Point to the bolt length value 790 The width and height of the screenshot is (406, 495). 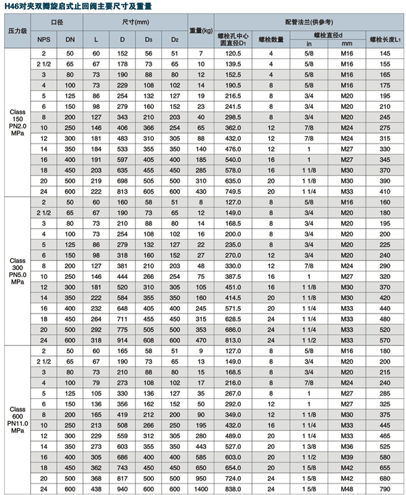(x=385, y=488)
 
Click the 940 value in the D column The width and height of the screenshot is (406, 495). (x=122, y=488)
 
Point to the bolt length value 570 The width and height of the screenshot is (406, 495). (x=385, y=340)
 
